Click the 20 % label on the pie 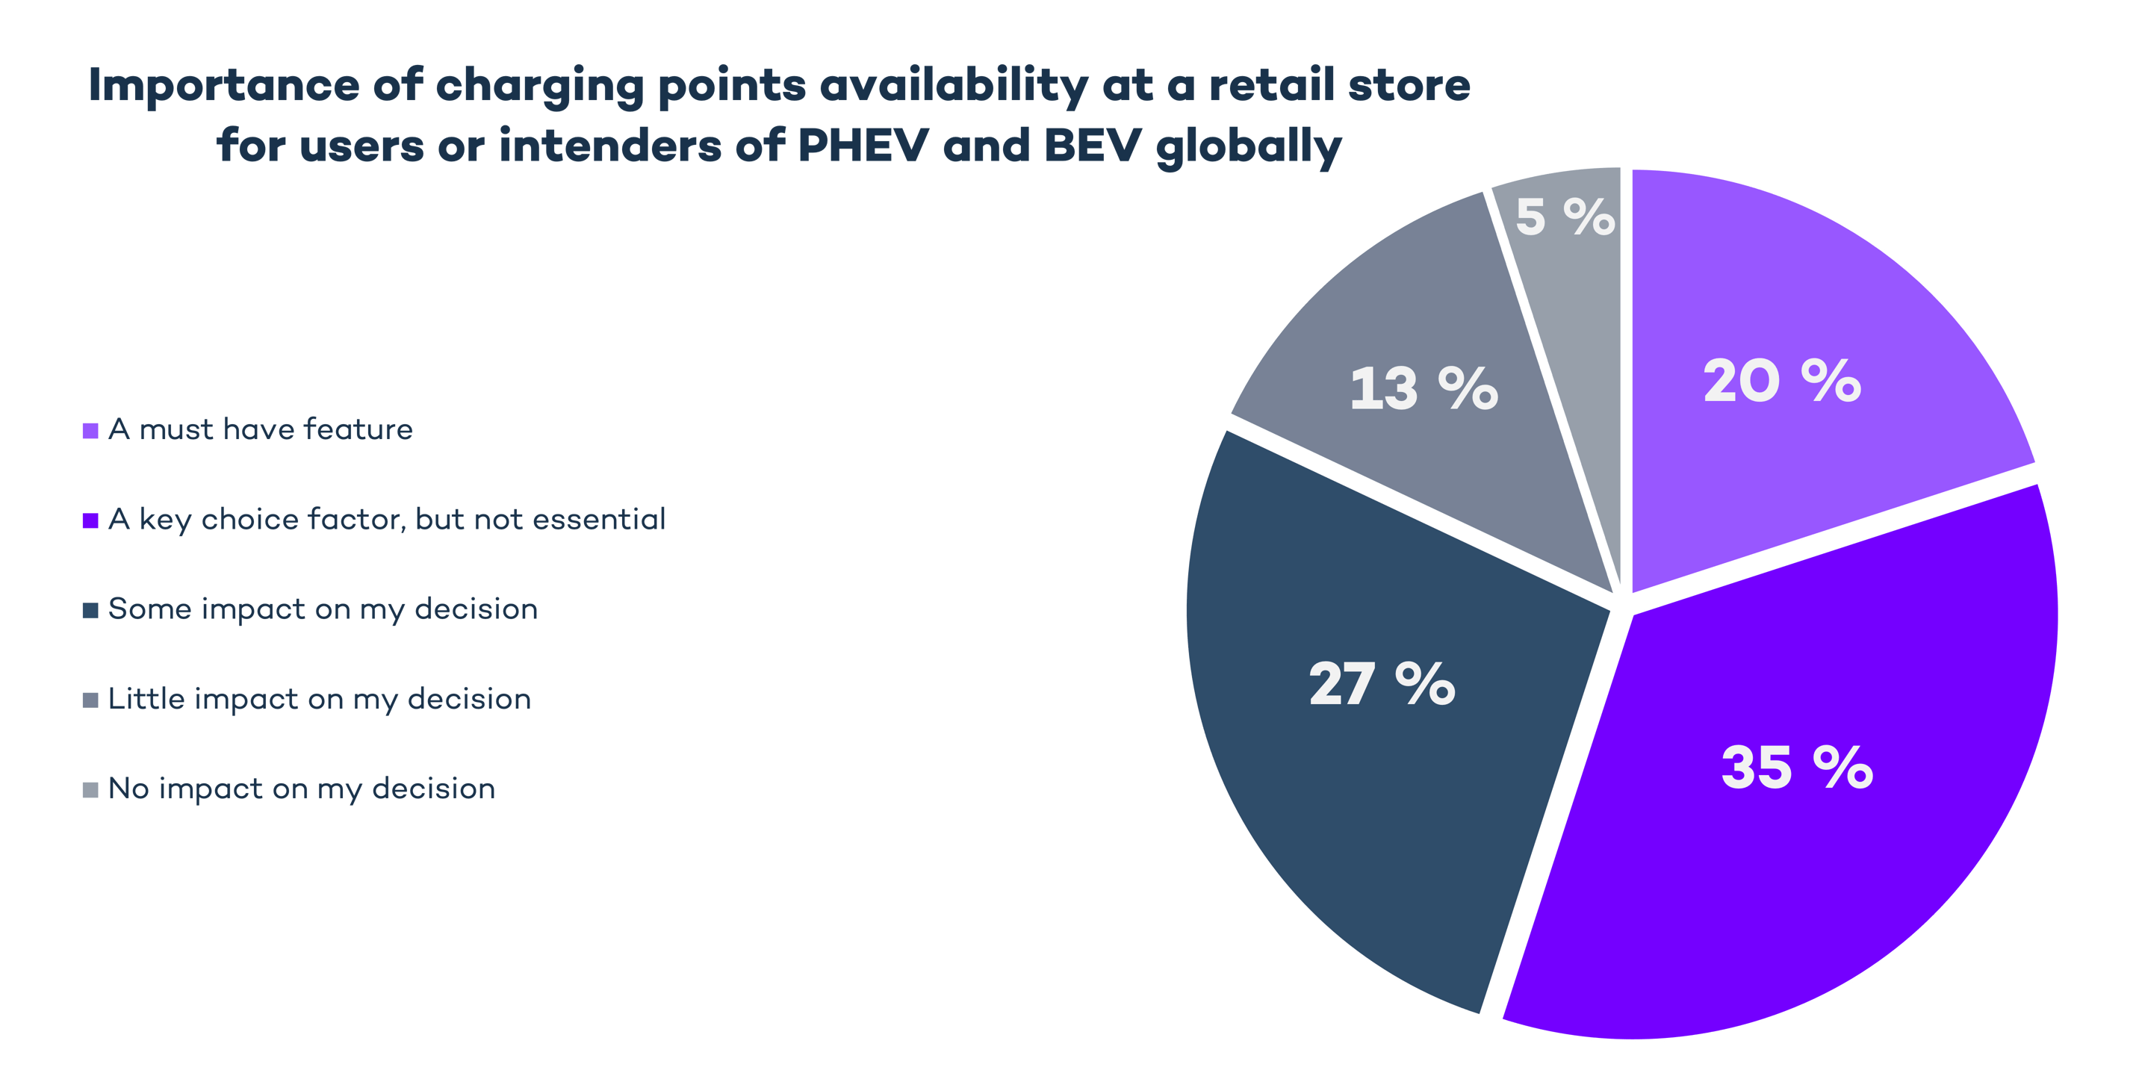pyautogui.click(x=1782, y=382)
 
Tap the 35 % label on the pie pyautogui.click(x=1797, y=767)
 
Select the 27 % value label pyautogui.click(x=1382, y=684)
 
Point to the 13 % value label pyautogui.click(x=1423, y=388)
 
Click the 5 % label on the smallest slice pyautogui.click(x=1565, y=217)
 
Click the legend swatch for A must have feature pyautogui.click(x=90, y=431)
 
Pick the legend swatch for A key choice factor pyautogui.click(x=90, y=520)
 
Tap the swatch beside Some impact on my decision pyautogui.click(x=90, y=610)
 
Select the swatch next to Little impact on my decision pyautogui.click(x=90, y=700)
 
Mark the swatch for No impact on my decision pyautogui.click(x=90, y=790)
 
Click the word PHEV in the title pyautogui.click(x=863, y=146)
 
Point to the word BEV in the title pyautogui.click(x=1092, y=146)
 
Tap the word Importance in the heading pyautogui.click(x=223, y=86)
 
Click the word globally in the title pyautogui.click(x=1248, y=149)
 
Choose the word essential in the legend pyautogui.click(x=599, y=519)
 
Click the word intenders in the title pyautogui.click(x=609, y=146)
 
